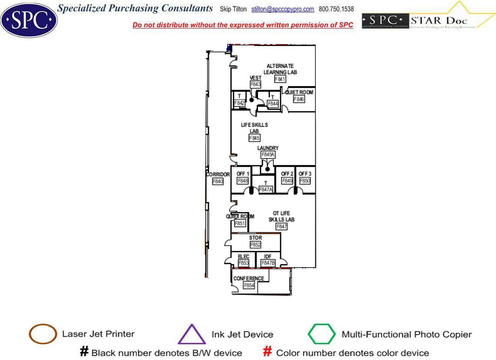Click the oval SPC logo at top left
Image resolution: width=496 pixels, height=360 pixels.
pyautogui.click(x=29, y=20)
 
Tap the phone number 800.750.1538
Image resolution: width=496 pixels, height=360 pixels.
pyautogui.click(x=336, y=9)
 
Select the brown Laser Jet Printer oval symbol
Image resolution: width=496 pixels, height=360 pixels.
pyautogui.click(x=43, y=334)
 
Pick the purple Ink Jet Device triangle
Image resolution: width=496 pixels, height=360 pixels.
pyautogui.click(x=192, y=334)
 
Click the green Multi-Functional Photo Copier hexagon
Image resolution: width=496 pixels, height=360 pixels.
pyautogui.click(x=322, y=334)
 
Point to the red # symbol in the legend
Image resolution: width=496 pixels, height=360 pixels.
pyautogui.click(x=268, y=352)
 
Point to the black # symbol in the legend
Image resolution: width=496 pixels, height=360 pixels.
pyautogui.click(x=84, y=352)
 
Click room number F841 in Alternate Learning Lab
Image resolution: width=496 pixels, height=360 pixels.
pyautogui.click(x=280, y=79)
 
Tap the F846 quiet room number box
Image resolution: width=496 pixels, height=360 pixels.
pyautogui.click(x=299, y=99)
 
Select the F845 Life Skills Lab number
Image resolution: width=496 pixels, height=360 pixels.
pyautogui.click(x=255, y=138)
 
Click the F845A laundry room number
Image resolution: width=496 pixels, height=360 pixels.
pyautogui.click(x=268, y=154)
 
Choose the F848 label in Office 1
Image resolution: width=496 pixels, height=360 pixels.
pyautogui.click(x=243, y=181)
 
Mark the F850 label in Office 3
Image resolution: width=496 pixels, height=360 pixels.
pyautogui.click(x=305, y=181)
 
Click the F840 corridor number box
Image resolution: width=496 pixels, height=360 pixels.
pyautogui.click(x=218, y=181)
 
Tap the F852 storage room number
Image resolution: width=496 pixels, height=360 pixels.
pyautogui.click(x=255, y=245)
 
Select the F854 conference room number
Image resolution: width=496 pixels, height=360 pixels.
pyautogui.click(x=249, y=285)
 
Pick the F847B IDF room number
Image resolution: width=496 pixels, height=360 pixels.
pyautogui.click(x=268, y=263)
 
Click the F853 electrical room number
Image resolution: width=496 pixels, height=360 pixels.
pyautogui.click(x=243, y=263)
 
